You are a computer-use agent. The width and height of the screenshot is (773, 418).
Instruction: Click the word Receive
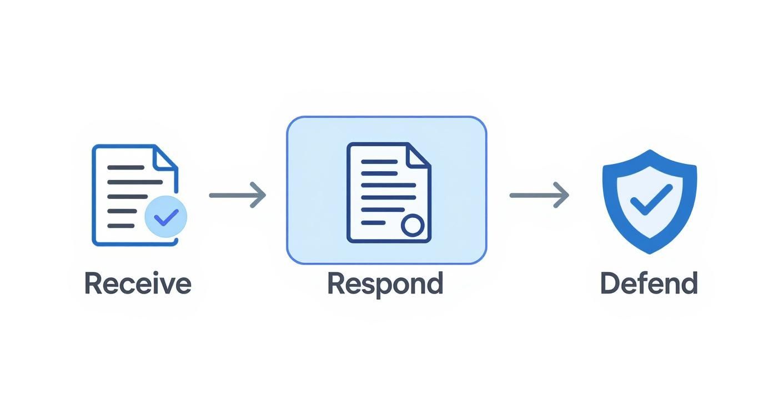point(137,283)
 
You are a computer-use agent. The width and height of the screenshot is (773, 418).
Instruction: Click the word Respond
point(385,283)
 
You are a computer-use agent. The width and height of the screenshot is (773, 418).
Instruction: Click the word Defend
point(649,283)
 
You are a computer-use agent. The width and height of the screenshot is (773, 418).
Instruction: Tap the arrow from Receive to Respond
point(237,195)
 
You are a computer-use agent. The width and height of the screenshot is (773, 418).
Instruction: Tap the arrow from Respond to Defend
point(539,195)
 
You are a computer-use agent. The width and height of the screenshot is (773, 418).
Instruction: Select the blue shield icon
point(649,200)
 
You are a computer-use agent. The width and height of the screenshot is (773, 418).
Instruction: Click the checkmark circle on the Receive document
point(165,217)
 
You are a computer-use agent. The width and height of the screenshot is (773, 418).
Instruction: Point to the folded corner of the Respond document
point(418,156)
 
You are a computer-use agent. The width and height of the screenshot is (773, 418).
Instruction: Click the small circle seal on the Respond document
point(413,225)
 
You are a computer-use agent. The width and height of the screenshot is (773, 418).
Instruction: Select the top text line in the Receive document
point(125,167)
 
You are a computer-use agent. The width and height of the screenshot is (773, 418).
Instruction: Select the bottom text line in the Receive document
point(121,226)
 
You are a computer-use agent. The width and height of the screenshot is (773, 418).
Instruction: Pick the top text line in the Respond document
point(379,162)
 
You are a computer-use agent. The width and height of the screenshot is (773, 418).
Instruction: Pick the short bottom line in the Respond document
point(373,223)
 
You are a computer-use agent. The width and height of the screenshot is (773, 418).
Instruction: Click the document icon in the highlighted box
point(388,192)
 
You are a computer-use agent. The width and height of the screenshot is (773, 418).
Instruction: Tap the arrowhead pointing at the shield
point(562,195)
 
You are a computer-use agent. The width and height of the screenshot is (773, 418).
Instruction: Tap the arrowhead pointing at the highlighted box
point(259,195)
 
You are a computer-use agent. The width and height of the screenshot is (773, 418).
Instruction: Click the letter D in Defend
point(610,283)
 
